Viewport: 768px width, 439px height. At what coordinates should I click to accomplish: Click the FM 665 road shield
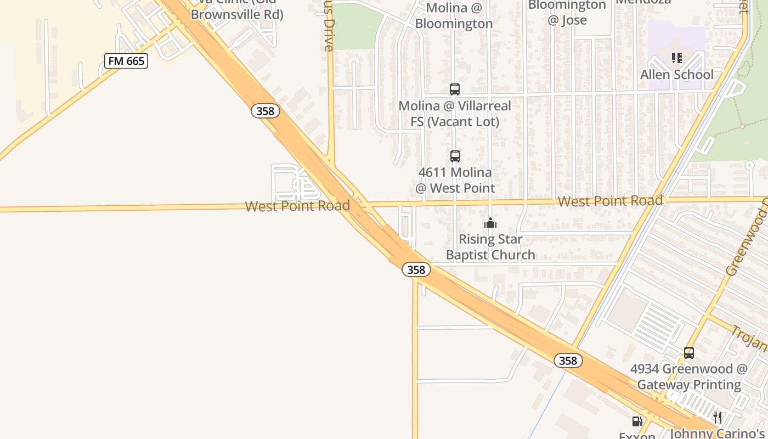[x=126, y=61]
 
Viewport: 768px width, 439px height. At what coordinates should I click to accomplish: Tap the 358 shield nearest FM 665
[x=266, y=111]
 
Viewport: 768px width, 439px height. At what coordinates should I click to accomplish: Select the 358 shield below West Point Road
[x=416, y=269]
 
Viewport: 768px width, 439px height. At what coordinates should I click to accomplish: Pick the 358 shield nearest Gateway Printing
[x=568, y=361]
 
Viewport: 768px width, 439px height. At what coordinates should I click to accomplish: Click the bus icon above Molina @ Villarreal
[x=454, y=89]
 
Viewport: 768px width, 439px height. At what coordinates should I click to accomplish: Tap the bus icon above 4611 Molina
[x=455, y=156]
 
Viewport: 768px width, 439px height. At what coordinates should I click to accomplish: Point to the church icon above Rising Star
[x=490, y=223]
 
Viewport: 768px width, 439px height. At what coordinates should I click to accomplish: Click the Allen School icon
[x=676, y=58]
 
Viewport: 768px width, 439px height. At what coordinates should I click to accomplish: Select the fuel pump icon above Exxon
[x=637, y=421]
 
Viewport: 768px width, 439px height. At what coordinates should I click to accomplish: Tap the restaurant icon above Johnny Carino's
[x=718, y=417]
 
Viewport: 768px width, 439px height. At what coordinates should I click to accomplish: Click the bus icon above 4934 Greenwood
[x=688, y=353]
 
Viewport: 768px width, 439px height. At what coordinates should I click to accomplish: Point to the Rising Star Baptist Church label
[x=490, y=247]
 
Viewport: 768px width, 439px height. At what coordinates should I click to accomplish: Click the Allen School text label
[x=677, y=74]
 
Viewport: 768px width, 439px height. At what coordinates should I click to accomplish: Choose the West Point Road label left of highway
[x=297, y=206]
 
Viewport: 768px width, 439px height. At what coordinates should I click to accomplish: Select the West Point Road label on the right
[x=610, y=201]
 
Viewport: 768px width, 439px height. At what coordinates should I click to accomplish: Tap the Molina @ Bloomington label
[x=454, y=16]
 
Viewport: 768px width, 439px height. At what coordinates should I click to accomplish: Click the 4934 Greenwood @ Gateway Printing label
[x=688, y=376]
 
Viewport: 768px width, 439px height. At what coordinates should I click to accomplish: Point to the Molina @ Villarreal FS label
[x=455, y=114]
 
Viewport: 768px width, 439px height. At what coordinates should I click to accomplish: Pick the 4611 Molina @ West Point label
[x=455, y=180]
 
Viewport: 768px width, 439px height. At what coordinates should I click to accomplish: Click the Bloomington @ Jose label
[x=567, y=13]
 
